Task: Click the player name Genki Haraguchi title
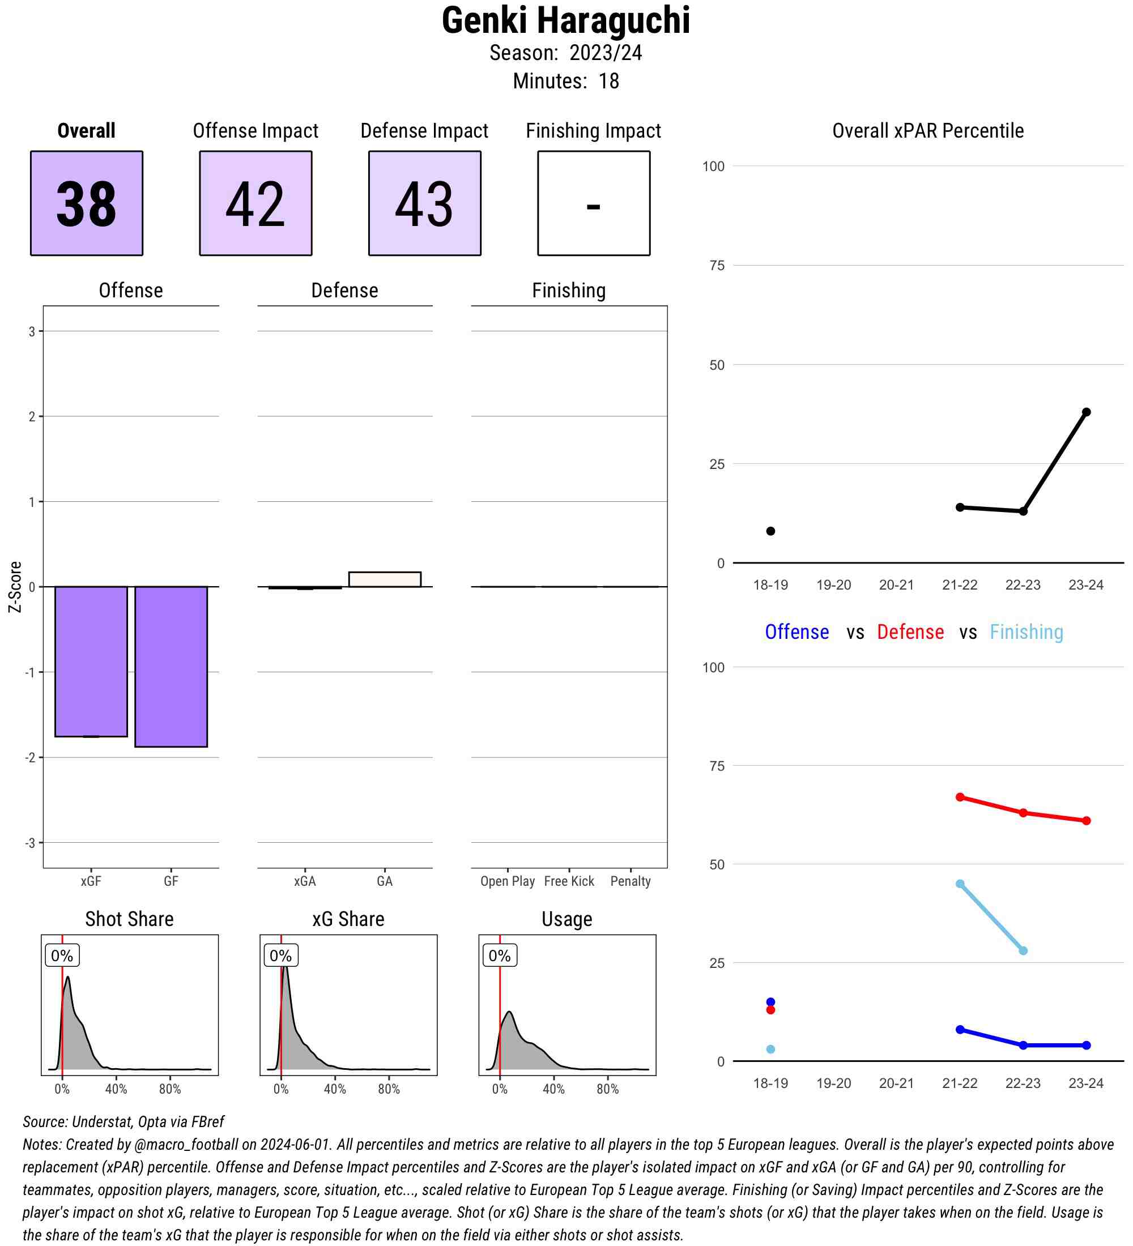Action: click(x=565, y=20)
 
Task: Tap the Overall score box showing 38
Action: click(x=87, y=203)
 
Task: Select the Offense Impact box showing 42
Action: click(x=255, y=203)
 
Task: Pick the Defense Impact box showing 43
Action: click(x=425, y=203)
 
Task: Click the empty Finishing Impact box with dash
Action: click(x=593, y=203)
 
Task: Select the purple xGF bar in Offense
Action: click(x=91, y=661)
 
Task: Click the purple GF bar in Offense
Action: click(x=171, y=665)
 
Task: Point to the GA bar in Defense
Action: click(x=385, y=579)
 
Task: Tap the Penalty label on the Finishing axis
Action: click(x=631, y=881)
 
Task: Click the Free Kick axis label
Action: click(x=569, y=881)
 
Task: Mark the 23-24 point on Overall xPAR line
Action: click(x=1086, y=412)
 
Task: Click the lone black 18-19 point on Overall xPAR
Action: click(x=771, y=531)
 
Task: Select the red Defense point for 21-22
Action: click(x=960, y=797)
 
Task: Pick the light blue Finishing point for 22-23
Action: click(x=1023, y=950)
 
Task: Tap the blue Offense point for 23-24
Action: click(x=1086, y=1045)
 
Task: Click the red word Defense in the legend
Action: click(x=910, y=631)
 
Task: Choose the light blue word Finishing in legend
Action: click(x=1026, y=631)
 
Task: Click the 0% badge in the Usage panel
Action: click(x=500, y=955)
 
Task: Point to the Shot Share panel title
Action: click(x=129, y=919)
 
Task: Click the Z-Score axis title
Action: click(x=15, y=587)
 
